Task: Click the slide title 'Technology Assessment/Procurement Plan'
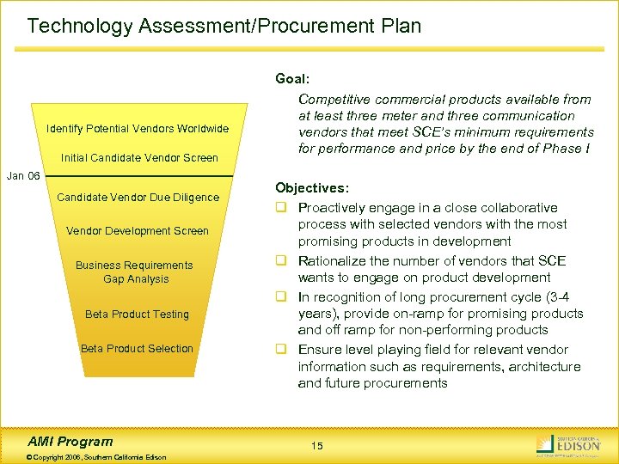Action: click(224, 26)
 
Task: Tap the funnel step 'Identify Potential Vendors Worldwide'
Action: click(138, 129)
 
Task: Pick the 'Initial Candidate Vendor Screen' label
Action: click(139, 158)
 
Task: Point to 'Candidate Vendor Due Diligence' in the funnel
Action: click(138, 198)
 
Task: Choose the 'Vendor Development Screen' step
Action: click(138, 230)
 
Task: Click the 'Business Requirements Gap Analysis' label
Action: click(136, 272)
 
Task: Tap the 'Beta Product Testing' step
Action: click(137, 314)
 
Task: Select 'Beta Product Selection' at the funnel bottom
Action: click(137, 348)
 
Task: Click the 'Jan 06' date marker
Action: click(23, 176)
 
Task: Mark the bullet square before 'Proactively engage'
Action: click(281, 208)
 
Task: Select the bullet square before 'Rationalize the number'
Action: click(281, 261)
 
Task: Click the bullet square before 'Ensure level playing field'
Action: click(281, 350)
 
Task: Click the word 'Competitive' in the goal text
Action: click(334, 99)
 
